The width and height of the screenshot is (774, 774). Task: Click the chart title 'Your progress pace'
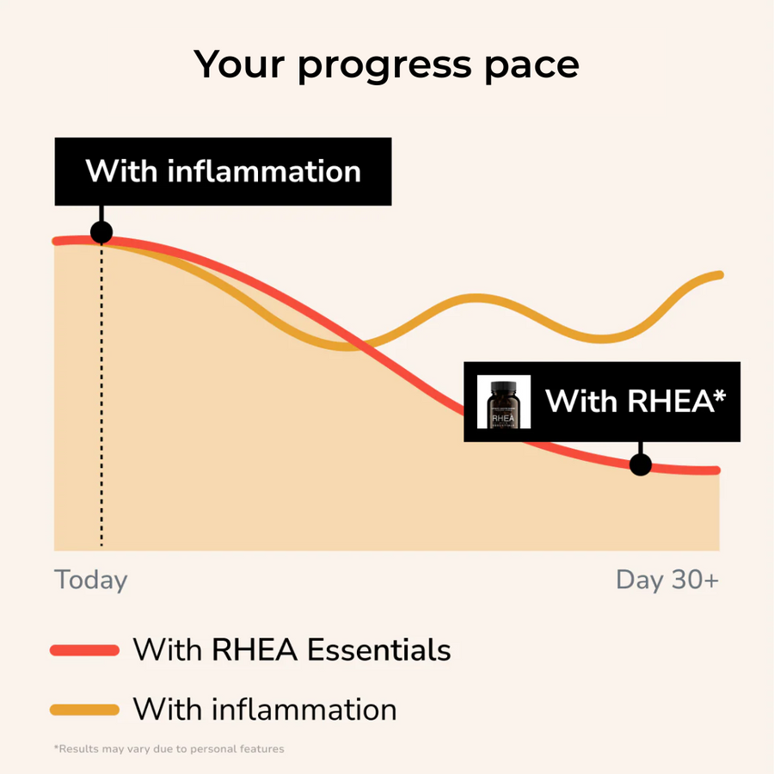click(x=386, y=65)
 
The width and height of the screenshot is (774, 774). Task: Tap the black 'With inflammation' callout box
click(x=223, y=170)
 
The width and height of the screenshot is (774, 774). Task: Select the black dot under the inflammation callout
click(x=101, y=232)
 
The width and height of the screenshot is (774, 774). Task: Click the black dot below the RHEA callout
click(x=640, y=464)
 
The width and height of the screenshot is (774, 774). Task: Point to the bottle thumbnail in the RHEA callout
click(x=504, y=402)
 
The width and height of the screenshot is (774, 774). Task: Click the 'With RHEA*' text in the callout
click(x=636, y=401)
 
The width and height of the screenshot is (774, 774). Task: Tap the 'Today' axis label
click(x=91, y=580)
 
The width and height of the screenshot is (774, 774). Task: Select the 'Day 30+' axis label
click(x=667, y=580)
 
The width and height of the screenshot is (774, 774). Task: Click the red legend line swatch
click(x=84, y=650)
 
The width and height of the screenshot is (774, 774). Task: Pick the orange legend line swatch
click(x=84, y=709)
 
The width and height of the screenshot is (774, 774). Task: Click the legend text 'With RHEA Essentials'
click(x=292, y=649)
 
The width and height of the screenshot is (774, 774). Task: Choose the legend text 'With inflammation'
click(x=265, y=709)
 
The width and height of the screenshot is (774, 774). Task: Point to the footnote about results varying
click(x=169, y=749)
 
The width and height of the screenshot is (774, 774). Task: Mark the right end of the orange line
click(x=718, y=275)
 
